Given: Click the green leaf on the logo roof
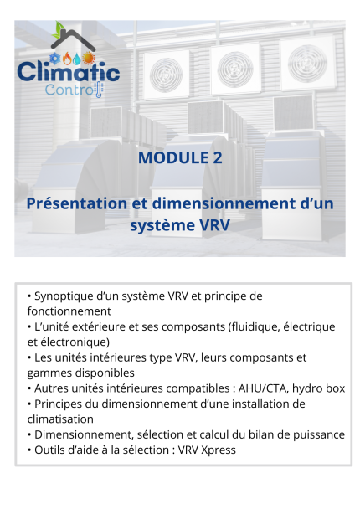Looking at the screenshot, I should point(58,31).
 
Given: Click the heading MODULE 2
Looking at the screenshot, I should point(180,157).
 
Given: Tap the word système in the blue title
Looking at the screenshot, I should point(165,225).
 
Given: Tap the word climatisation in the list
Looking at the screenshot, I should point(60,419).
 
